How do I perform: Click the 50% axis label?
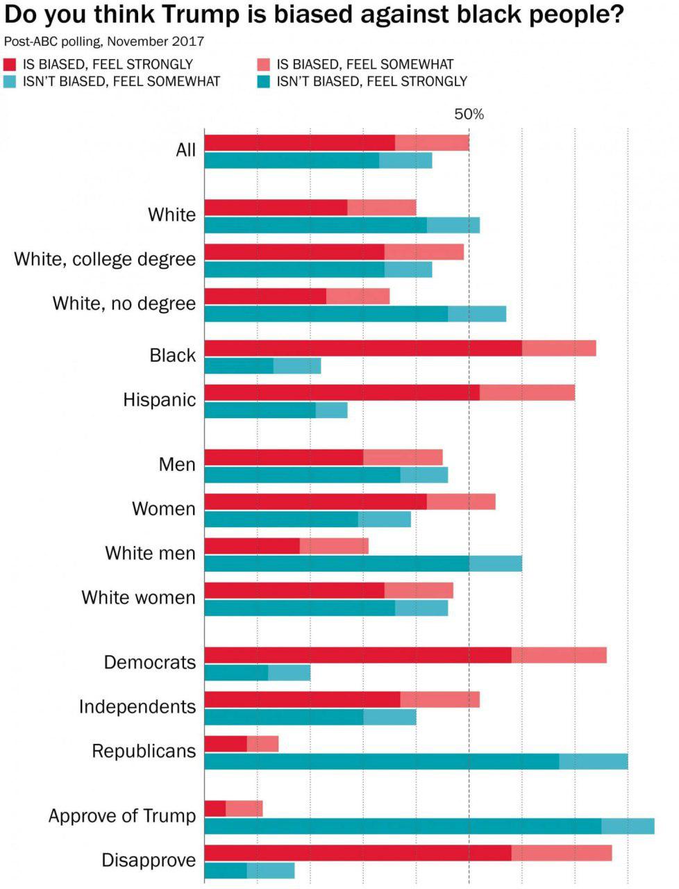coord(469,114)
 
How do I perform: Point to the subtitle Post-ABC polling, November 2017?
coord(104,41)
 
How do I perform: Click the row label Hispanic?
coord(160,400)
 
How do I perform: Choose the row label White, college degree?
coord(105,259)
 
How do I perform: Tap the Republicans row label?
coord(144,751)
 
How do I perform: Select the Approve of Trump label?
coord(122,815)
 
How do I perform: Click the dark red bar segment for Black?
coord(363,349)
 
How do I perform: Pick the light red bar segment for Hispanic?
coord(527,392)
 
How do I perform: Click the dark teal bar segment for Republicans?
coord(382,761)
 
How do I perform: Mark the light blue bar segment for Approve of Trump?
coord(628,826)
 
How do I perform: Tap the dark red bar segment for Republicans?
coord(226,744)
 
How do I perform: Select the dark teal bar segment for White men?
coord(337,563)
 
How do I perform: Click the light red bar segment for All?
coord(432,143)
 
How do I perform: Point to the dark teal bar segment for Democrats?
coord(236,673)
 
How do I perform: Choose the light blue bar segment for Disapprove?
coord(271,870)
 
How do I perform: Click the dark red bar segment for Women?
coord(315,502)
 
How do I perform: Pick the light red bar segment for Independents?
coord(440,699)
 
